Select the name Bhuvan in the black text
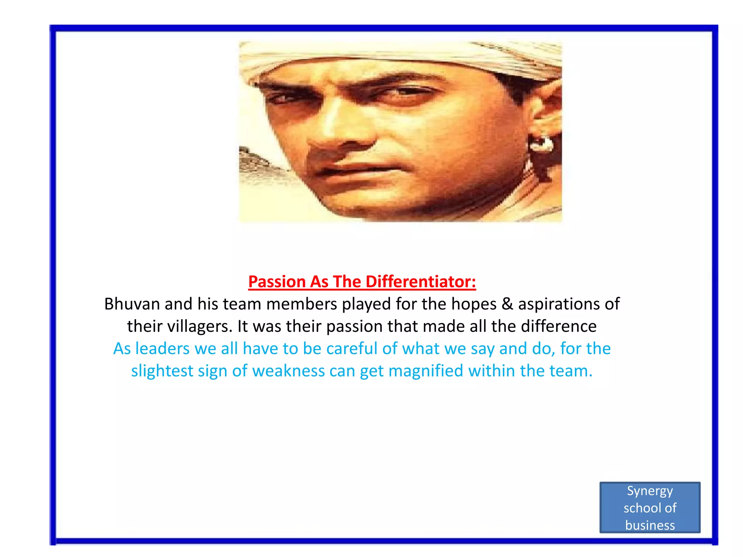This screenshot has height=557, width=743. (x=132, y=304)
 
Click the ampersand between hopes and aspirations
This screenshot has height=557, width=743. (x=507, y=304)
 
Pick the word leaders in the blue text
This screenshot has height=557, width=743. (x=162, y=349)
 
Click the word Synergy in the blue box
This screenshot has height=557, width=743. (x=650, y=491)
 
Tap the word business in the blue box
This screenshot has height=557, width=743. (x=650, y=525)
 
